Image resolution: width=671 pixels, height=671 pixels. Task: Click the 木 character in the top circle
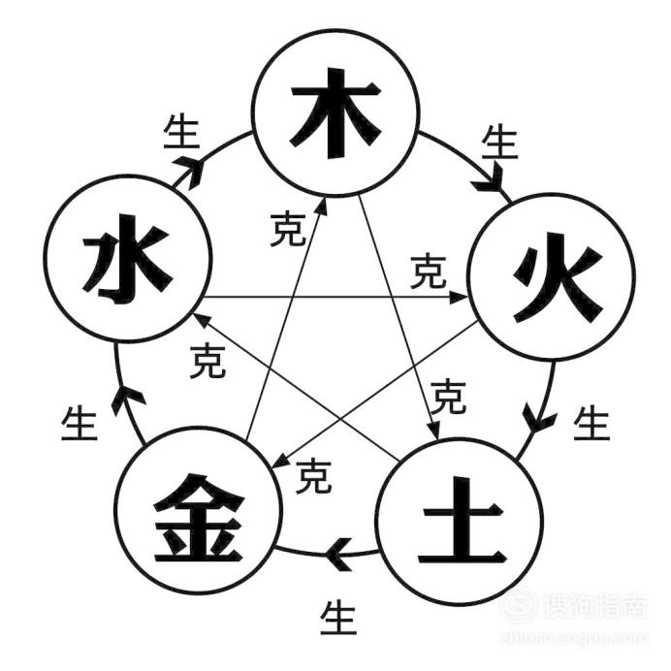tap(335, 113)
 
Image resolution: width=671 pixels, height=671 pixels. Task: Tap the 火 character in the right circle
tap(558, 277)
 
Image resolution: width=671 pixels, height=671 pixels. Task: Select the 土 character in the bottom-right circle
tap(462, 521)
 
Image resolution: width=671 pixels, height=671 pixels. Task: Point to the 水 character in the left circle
tap(127, 259)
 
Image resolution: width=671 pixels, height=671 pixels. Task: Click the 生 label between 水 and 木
tap(181, 131)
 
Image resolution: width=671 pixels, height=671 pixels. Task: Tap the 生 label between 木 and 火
tap(499, 142)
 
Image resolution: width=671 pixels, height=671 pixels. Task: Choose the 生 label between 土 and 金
tap(338, 617)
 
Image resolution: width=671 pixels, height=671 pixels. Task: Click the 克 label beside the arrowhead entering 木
tap(288, 229)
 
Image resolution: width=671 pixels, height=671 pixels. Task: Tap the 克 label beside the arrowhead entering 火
tap(429, 271)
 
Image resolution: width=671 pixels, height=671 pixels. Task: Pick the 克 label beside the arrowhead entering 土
tap(448, 397)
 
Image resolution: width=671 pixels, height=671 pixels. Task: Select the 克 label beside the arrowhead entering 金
tap(313, 476)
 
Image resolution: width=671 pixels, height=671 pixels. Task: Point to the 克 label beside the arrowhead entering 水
tap(208, 361)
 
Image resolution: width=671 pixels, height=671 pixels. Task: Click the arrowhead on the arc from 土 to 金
tap(338, 553)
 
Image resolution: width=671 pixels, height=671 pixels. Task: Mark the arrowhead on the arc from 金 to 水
tap(127, 399)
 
